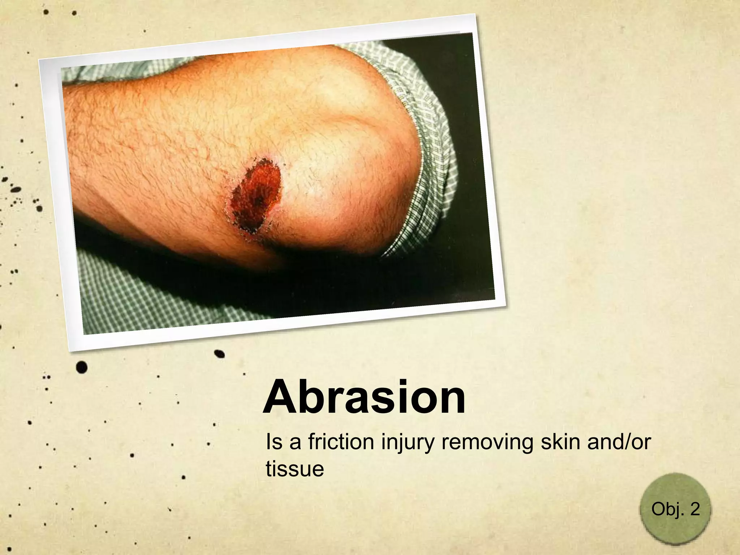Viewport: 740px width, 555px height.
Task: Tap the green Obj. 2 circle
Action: point(675,509)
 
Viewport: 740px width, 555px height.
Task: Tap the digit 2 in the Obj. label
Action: point(694,509)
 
